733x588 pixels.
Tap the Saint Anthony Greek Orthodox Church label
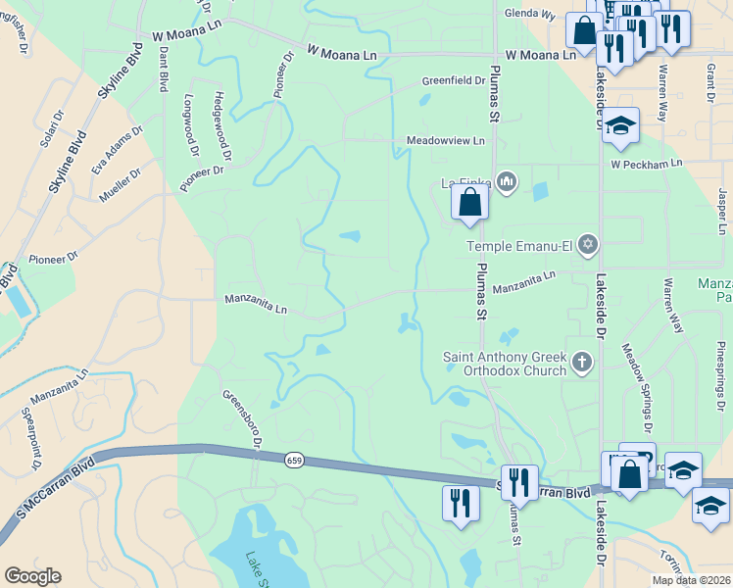click(x=506, y=364)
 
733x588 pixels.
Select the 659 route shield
click(x=294, y=460)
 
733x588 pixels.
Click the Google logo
click(x=32, y=576)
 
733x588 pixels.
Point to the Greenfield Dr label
click(x=454, y=80)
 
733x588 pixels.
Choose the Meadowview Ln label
click(x=446, y=141)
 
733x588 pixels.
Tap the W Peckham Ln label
click(x=646, y=165)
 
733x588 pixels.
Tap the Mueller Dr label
click(x=120, y=185)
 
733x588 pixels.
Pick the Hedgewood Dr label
click(x=220, y=124)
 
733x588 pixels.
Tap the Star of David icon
click(x=588, y=244)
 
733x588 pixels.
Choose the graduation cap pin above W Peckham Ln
click(x=620, y=125)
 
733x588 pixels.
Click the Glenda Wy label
click(x=529, y=16)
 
